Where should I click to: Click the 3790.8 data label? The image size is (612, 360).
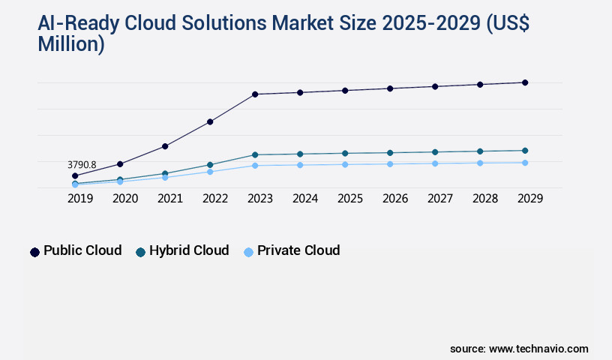point(82,164)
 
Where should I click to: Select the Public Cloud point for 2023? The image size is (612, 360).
point(255,94)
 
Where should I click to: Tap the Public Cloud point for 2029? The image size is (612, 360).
point(525,82)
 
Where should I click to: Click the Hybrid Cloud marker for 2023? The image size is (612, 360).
point(255,154)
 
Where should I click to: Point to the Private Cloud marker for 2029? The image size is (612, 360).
point(525,163)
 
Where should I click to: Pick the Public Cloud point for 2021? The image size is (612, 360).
point(165,146)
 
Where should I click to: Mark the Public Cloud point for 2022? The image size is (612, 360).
point(210,121)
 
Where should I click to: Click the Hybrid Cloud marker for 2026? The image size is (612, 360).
point(390,152)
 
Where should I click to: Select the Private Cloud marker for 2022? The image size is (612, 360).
point(210,172)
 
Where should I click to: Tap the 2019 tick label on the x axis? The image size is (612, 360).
point(75,199)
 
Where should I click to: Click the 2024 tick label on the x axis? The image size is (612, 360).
point(304,199)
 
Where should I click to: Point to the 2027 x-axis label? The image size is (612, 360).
point(439,199)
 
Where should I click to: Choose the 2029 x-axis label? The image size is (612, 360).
point(529,199)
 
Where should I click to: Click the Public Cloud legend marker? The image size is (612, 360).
point(34,252)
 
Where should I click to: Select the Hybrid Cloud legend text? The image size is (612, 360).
point(189,250)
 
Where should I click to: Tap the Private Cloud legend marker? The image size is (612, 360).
point(248,252)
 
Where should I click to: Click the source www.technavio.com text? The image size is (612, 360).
point(519,349)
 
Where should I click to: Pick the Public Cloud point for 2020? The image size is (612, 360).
point(120,163)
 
